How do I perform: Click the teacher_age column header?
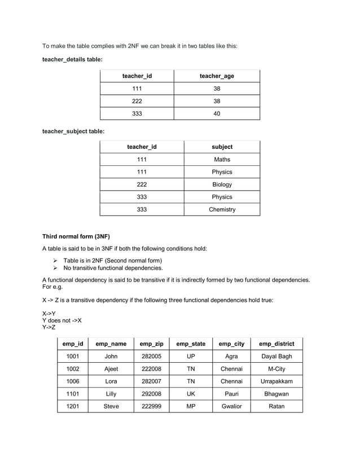[217, 76]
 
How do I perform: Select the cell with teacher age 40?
[217, 114]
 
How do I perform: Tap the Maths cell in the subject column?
[222, 160]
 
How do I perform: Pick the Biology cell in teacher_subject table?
[222, 184]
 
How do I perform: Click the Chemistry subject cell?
[222, 209]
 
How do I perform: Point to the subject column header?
[222, 147]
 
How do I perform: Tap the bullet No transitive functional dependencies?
[113, 268]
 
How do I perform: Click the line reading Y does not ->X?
[62, 320]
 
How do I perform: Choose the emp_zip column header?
[151, 344]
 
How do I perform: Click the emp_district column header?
[276, 344]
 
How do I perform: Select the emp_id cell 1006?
[72, 381]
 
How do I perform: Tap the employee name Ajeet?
[111, 369]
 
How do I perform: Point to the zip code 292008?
[151, 394]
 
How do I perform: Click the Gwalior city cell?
[231, 406]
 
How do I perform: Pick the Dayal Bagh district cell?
[276, 357]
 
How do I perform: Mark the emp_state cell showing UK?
[191, 394]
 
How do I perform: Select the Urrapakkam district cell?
[276, 381]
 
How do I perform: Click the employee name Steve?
[111, 406]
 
